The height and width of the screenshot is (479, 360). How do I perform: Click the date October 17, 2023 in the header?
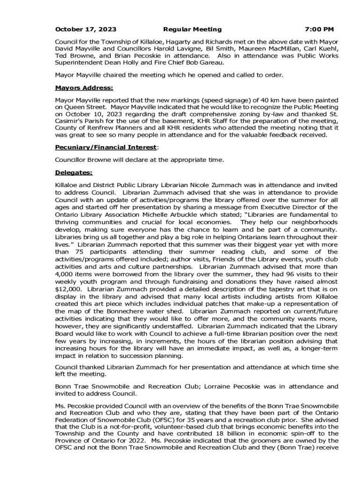click(86, 29)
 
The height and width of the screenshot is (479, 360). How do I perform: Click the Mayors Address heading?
click(84, 87)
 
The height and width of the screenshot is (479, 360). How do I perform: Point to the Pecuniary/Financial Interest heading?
click(106, 147)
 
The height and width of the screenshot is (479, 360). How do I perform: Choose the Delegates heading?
click(73, 173)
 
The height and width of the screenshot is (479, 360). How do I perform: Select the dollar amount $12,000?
click(68, 289)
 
